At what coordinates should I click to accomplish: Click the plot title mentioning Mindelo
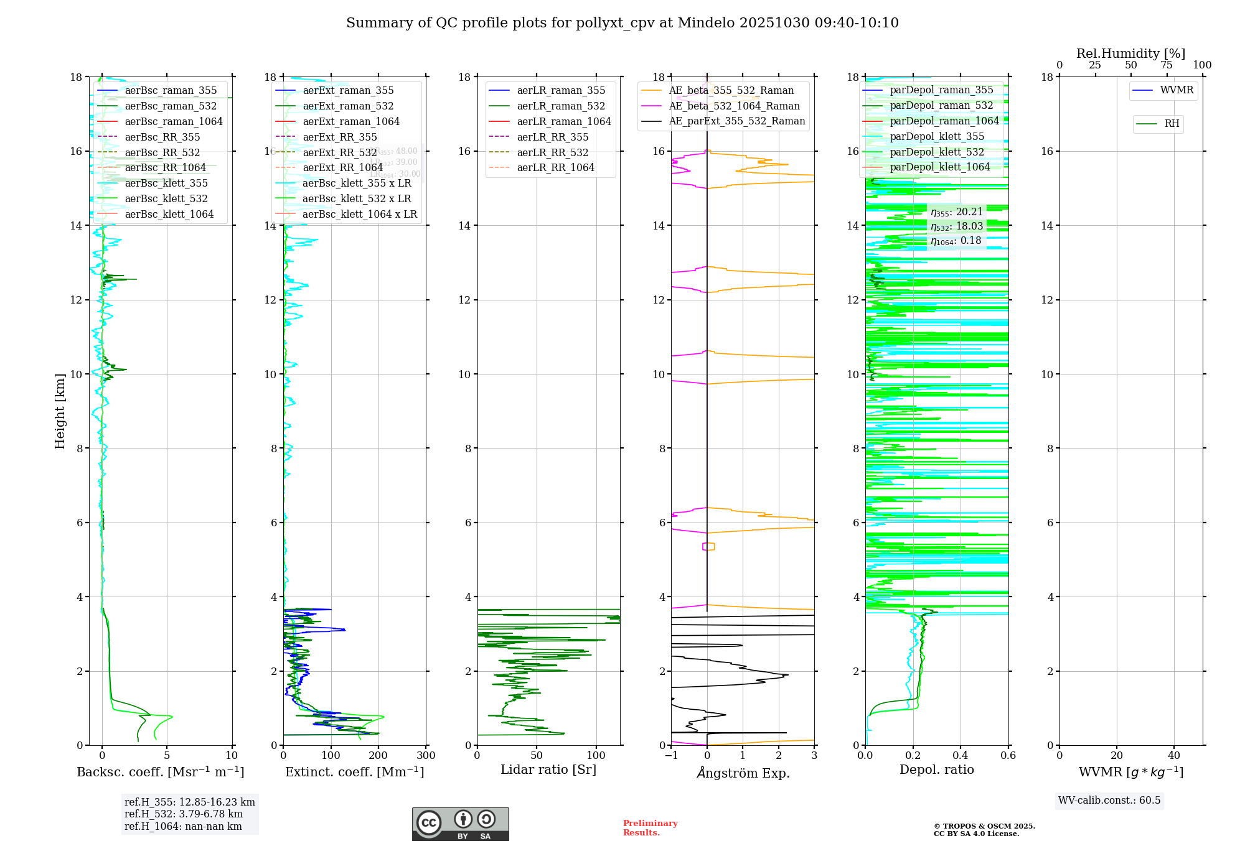point(622,23)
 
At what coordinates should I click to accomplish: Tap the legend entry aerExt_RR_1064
point(342,168)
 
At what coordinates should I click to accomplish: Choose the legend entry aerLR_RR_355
point(552,137)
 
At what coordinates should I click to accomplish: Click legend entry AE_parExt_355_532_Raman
point(736,121)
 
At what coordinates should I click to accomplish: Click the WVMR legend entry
point(1177,90)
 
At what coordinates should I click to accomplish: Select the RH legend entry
point(1172,124)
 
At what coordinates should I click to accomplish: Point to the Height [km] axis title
point(60,411)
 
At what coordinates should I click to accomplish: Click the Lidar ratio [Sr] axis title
point(548,769)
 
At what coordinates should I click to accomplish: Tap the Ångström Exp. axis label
point(743,773)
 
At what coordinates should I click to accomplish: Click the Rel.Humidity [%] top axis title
point(1130,53)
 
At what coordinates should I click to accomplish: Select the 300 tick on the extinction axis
point(426,756)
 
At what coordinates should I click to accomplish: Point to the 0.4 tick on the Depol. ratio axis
point(961,756)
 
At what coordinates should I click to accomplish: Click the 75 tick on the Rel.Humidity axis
point(1167,65)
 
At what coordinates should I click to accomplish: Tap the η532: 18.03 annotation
point(957,226)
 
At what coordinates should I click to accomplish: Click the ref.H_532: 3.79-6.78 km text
point(183,814)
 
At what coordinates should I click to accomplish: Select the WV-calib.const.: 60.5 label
point(1109,801)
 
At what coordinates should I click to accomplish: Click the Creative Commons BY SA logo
point(460,824)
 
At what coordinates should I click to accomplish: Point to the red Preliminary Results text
point(650,828)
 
